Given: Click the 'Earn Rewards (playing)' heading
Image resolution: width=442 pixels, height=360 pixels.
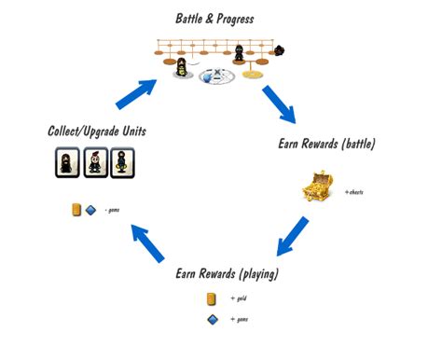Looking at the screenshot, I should [227, 274].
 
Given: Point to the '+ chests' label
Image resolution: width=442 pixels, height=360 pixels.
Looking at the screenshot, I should [355, 191].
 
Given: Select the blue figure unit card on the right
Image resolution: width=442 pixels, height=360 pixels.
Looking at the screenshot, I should [124, 164].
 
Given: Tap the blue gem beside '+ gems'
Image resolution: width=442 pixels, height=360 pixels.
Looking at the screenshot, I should [212, 320].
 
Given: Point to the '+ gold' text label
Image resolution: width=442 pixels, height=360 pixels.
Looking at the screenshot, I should [239, 298].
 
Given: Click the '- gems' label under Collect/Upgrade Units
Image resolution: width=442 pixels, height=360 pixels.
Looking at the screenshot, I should [111, 210].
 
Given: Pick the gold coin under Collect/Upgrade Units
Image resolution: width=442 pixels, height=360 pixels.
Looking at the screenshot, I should [76, 210].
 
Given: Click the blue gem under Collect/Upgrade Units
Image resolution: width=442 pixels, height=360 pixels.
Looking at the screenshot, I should [90, 210].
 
